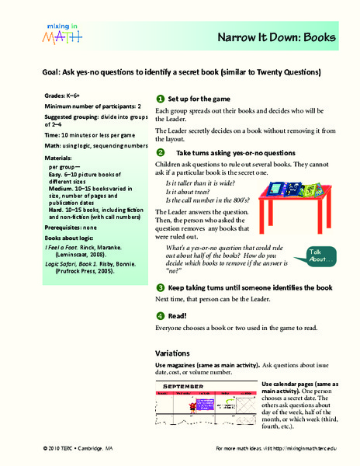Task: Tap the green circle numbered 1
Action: tap(160, 99)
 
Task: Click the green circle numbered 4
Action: tap(160, 315)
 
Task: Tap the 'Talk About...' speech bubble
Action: tap(322, 254)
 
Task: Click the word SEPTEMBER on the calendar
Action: tap(184, 386)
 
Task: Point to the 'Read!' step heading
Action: tap(178, 316)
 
